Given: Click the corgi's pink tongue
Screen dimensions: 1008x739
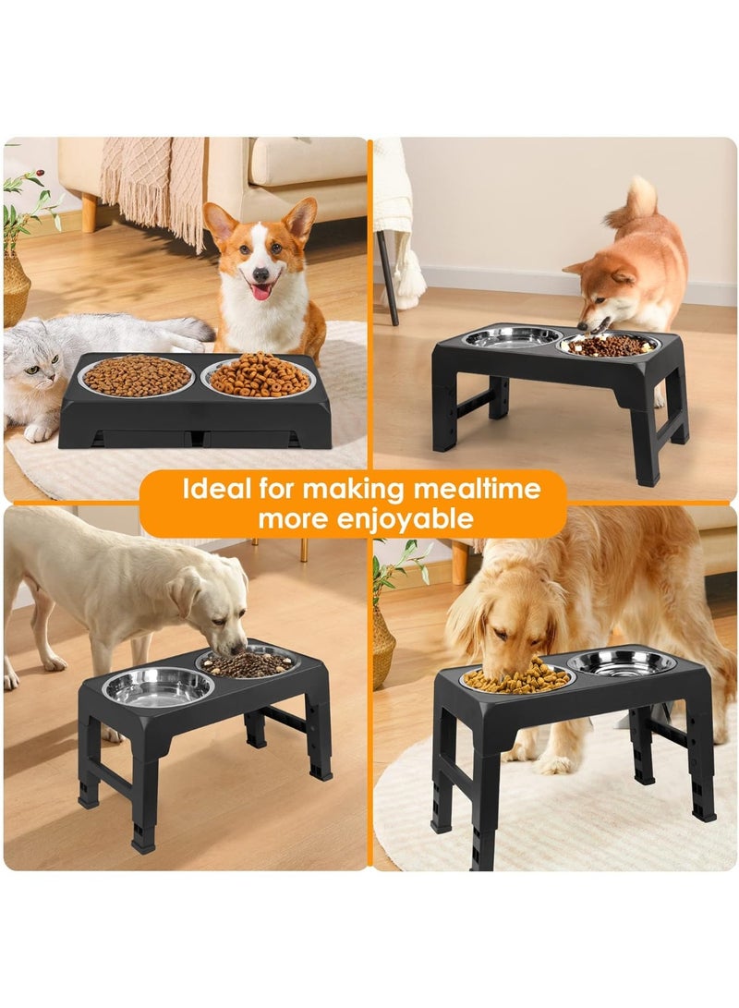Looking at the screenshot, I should tap(261, 290).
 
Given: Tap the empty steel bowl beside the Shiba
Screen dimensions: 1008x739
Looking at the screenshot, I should tap(513, 337).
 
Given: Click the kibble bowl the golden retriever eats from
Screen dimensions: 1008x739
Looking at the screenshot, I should tap(516, 680).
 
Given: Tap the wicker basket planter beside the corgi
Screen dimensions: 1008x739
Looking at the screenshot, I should tap(16, 286).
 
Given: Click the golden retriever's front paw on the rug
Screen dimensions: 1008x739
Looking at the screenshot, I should tap(555, 763).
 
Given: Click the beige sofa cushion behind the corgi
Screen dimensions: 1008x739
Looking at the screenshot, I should tap(305, 162).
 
